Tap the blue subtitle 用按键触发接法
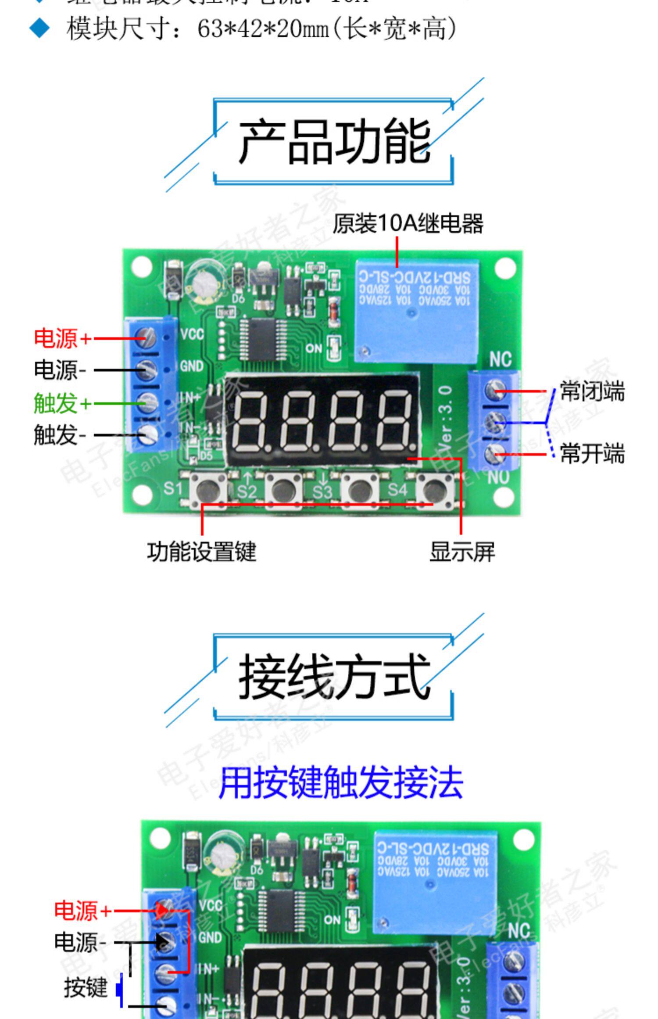click(x=340, y=783)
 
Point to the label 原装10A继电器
click(x=408, y=223)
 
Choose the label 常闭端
click(x=592, y=391)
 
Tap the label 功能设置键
click(x=201, y=552)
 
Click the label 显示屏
click(x=462, y=552)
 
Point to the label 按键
click(x=86, y=988)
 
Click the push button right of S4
click(x=434, y=488)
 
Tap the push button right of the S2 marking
click(x=284, y=488)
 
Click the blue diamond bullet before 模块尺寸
click(x=39, y=29)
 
